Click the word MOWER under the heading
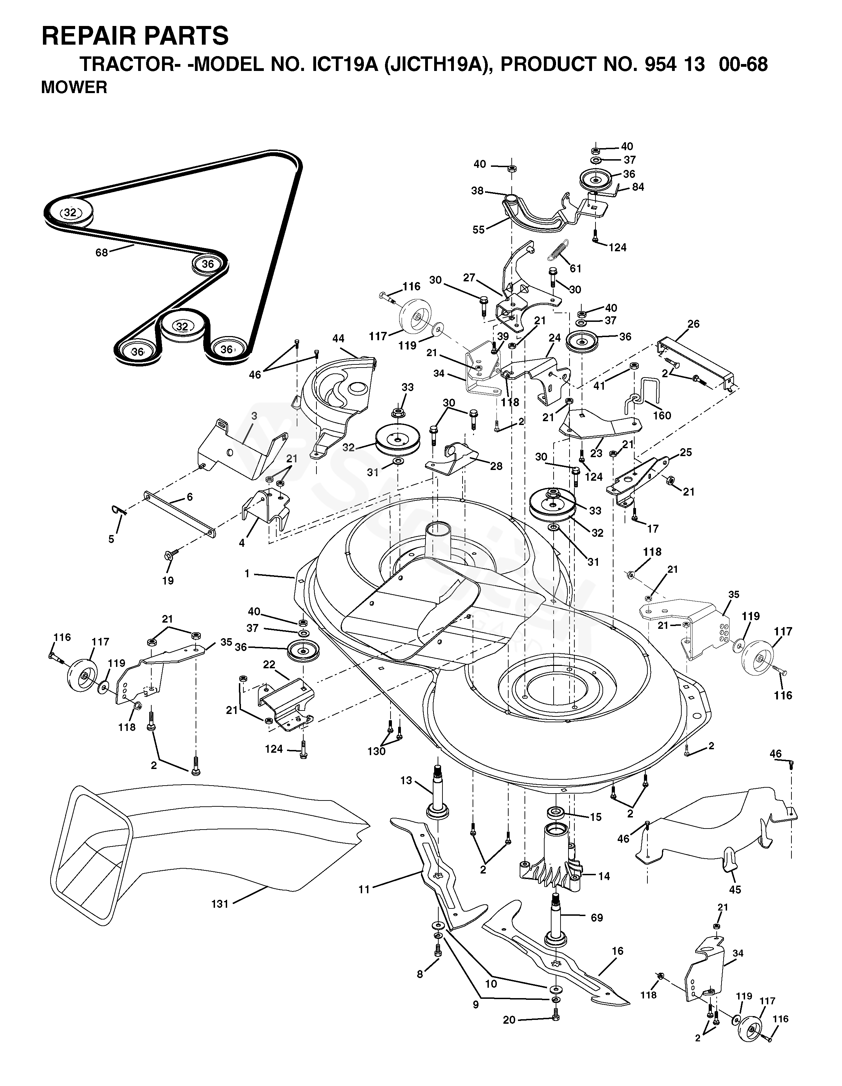(x=74, y=88)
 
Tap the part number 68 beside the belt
(x=101, y=253)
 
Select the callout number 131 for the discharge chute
(x=220, y=904)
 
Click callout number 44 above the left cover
(x=338, y=338)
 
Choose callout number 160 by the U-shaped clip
(x=662, y=415)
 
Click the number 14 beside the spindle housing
(x=604, y=876)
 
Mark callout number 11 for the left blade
(x=365, y=889)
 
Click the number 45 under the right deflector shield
(x=735, y=889)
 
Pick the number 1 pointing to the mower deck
(x=247, y=573)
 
